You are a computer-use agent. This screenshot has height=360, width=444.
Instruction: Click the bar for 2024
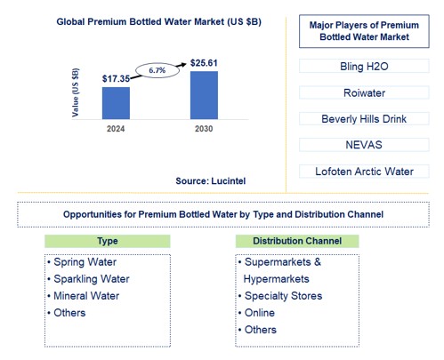(116, 102)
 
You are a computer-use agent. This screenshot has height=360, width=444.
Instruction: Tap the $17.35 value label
(116, 78)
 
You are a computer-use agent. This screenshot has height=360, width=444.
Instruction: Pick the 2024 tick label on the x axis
(116, 129)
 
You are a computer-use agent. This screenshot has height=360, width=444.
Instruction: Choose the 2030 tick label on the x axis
(204, 129)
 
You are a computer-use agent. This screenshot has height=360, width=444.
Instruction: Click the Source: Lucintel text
(210, 180)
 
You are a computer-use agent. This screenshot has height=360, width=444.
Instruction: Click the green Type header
(107, 241)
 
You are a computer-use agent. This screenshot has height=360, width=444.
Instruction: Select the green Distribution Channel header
(297, 241)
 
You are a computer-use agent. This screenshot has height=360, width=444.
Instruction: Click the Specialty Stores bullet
(282, 296)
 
